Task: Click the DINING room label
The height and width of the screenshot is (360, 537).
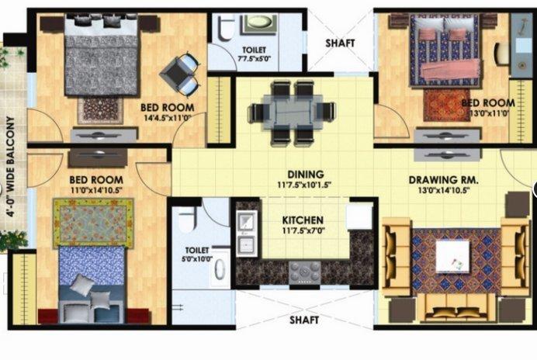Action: pyautogui.click(x=304, y=175)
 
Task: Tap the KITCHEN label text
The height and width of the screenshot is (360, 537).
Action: pyautogui.click(x=302, y=220)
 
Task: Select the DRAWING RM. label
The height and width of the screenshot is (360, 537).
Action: pyautogui.click(x=443, y=180)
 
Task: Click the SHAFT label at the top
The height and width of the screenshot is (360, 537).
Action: pyautogui.click(x=340, y=43)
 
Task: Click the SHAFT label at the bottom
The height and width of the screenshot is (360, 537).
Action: pyautogui.click(x=303, y=319)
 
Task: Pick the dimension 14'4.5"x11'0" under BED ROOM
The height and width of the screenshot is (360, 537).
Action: pyautogui.click(x=167, y=118)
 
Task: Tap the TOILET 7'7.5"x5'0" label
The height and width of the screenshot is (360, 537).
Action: pyautogui.click(x=253, y=51)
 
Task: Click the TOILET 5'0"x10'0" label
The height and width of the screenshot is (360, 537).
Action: pyautogui.click(x=198, y=254)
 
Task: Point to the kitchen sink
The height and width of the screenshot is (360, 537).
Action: pyautogui.click(x=247, y=224)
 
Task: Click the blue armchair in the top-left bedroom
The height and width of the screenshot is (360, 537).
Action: pyautogui.click(x=180, y=74)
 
